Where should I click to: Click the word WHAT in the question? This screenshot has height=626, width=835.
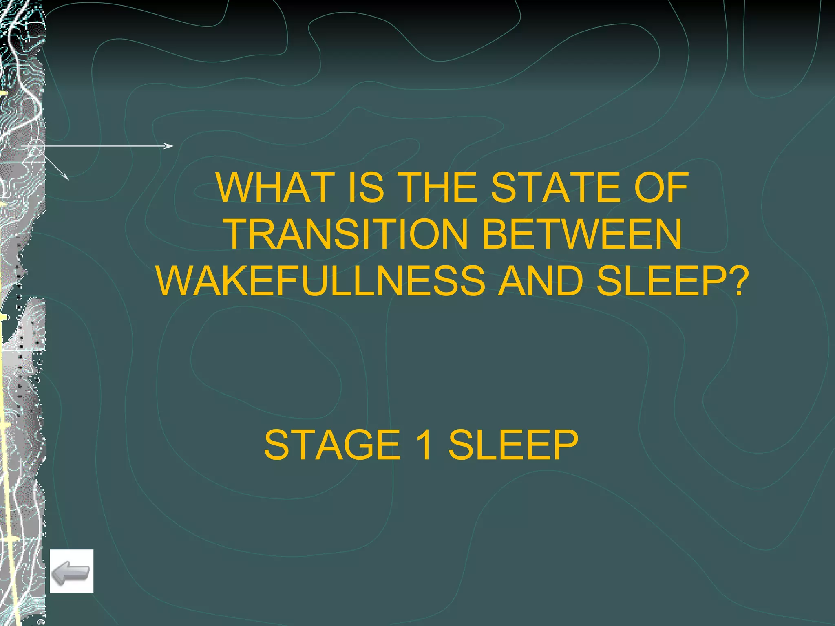[x=274, y=187]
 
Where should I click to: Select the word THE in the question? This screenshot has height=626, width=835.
[x=437, y=187]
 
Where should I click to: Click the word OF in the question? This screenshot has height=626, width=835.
[x=661, y=187]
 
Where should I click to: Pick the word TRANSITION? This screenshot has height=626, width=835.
[x=347, y=234]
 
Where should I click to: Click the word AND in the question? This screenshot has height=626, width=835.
[x=541, y=281]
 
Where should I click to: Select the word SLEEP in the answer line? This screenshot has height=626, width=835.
[x=513, y=445]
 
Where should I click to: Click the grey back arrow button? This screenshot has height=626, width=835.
[x=71, y=571]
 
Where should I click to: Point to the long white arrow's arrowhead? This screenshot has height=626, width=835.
[x=170, y=146]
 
